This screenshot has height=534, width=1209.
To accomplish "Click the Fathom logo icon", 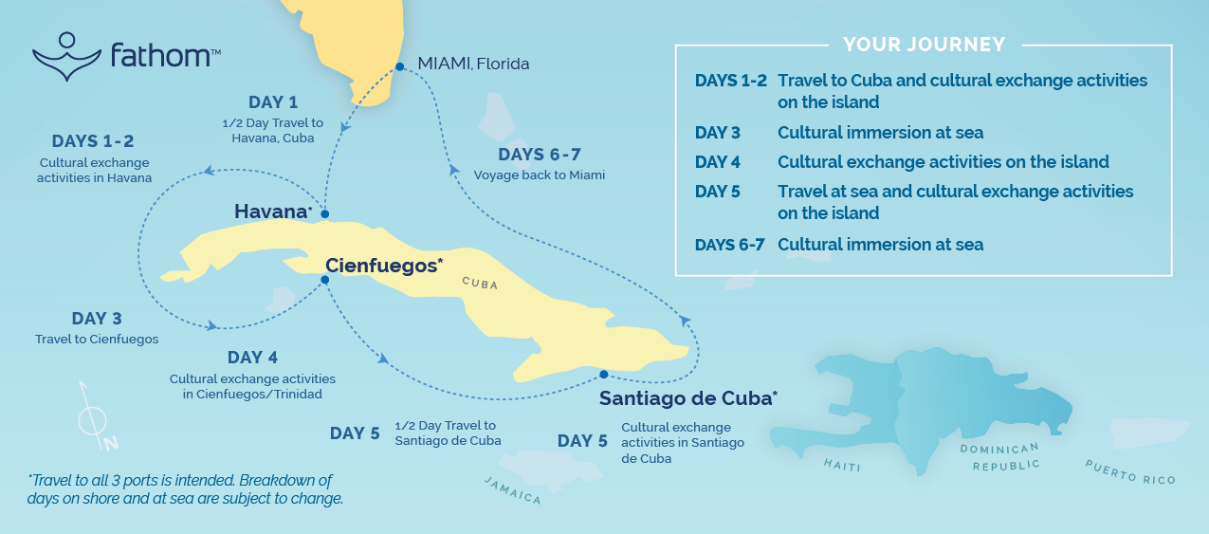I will click(x=66, y=56).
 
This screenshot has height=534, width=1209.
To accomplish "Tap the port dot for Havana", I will click(x=324, y=213).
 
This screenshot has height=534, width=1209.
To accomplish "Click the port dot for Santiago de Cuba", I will click(x=603, y=375).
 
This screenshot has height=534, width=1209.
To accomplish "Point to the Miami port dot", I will click(x=400, y=66).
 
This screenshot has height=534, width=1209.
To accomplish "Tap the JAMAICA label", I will click(x=513, y=490).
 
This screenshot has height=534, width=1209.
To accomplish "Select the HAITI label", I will click(x=842, y=464).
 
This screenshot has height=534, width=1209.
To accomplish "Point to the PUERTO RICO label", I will click(x=1130, y=471).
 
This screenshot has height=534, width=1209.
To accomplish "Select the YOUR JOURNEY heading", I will click(x=924, y=45).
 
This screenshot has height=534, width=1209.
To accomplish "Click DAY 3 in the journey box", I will click(x=718, y=133).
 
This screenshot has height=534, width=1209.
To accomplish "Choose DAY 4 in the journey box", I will click(x=718, y=162).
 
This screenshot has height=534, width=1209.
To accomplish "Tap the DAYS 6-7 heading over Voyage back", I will click(x=539, y=155).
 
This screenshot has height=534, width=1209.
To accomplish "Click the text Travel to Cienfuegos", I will click(x=97, y=339).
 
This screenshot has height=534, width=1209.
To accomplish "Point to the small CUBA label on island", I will click(x=480, y=283).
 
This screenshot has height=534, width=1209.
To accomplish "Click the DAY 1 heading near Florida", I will click(x=273, y=102).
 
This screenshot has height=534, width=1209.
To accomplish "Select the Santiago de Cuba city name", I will click(x=687, y=398).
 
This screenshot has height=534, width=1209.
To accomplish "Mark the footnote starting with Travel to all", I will click(x=185, y=489).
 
